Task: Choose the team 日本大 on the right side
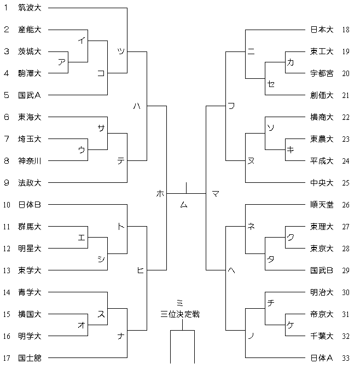coord(322,30)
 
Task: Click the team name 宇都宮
coord(322,73)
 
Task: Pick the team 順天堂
coord(322,205)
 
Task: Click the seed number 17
coord(7,357)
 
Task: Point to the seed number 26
coord(345,205)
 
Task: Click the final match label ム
coord(184,204)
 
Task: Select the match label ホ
coord(160,193)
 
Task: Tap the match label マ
coord(215,193)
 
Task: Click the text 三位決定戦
coord(180,314)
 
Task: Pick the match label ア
coord(61,62)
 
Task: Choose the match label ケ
coord(289,325)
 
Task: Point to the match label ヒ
coord(141,270)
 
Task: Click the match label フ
coord(231,106)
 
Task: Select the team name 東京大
coord(322,249)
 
